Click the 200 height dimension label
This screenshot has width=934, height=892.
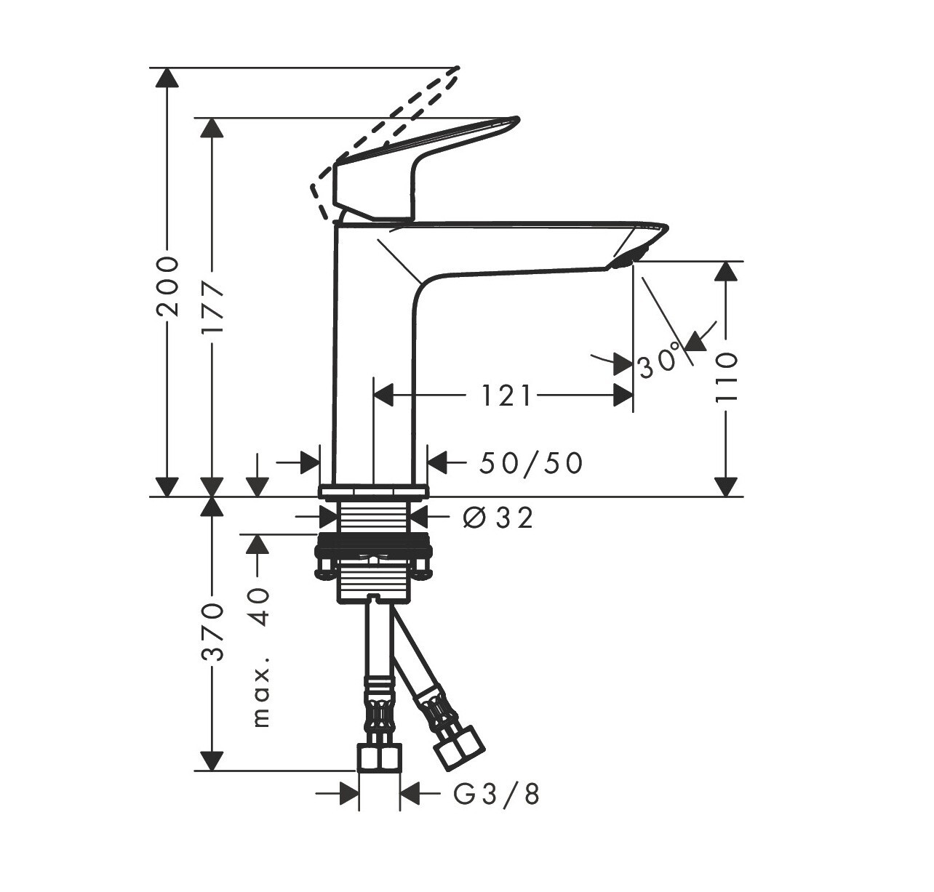(167, 286)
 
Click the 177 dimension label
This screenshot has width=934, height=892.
(212, 308)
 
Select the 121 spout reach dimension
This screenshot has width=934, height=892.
(507, 396)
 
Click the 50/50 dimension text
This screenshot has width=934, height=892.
(531, 464)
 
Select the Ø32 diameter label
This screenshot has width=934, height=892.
(498, 518)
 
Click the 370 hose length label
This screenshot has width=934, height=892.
(212, 632)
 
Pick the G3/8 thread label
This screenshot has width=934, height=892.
(497, 794)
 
